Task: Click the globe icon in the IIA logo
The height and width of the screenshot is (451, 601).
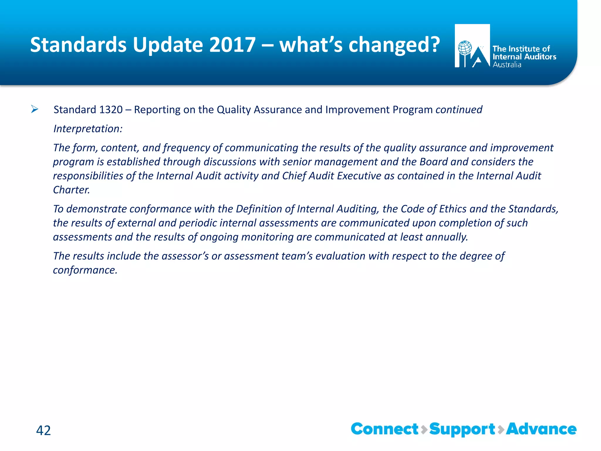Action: coord(465,48)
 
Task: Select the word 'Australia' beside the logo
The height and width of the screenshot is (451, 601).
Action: coord(507,65)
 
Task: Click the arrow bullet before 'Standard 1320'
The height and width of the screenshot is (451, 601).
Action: coord(35,110)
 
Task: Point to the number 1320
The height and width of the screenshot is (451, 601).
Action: coord(111,110)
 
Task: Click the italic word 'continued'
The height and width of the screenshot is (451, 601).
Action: coord(459,110)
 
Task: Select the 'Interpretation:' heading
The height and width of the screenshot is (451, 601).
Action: coord(88,129)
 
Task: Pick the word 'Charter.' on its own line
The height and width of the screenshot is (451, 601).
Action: coord(71,190)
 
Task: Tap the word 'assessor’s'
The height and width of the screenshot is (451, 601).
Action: coord(185,256)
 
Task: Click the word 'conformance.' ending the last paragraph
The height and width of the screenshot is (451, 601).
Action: coord(85,270)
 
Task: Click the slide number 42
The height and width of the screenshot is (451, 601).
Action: coord(43,430)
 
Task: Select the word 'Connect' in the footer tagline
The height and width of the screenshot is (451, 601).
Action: coord(384,429)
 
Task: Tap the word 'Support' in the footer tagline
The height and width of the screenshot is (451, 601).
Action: coord(462,429)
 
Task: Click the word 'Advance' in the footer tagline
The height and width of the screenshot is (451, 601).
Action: coord(541,429)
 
